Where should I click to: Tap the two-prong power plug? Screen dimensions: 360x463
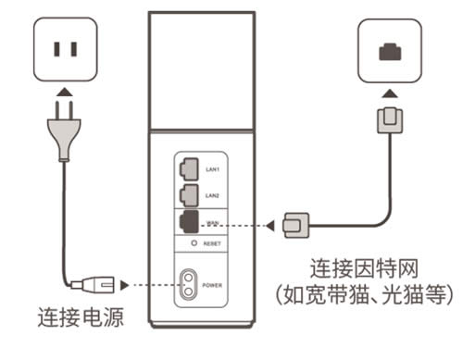click(62, 133)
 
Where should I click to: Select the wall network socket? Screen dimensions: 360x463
click(390, 52)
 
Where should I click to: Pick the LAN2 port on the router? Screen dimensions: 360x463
click(189, 196)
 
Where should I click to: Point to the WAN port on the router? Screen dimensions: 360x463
click(189, 223)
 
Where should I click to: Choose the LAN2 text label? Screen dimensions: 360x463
click(212, 196)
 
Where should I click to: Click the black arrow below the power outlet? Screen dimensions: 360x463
click(62, 93)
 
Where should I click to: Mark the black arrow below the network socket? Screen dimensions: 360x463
click(390, 93)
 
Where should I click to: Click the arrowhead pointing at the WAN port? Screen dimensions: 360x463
click(269, 223)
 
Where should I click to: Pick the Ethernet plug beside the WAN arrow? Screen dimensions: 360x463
click(295, 223)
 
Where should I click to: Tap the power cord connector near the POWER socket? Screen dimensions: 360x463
click(95, 283)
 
